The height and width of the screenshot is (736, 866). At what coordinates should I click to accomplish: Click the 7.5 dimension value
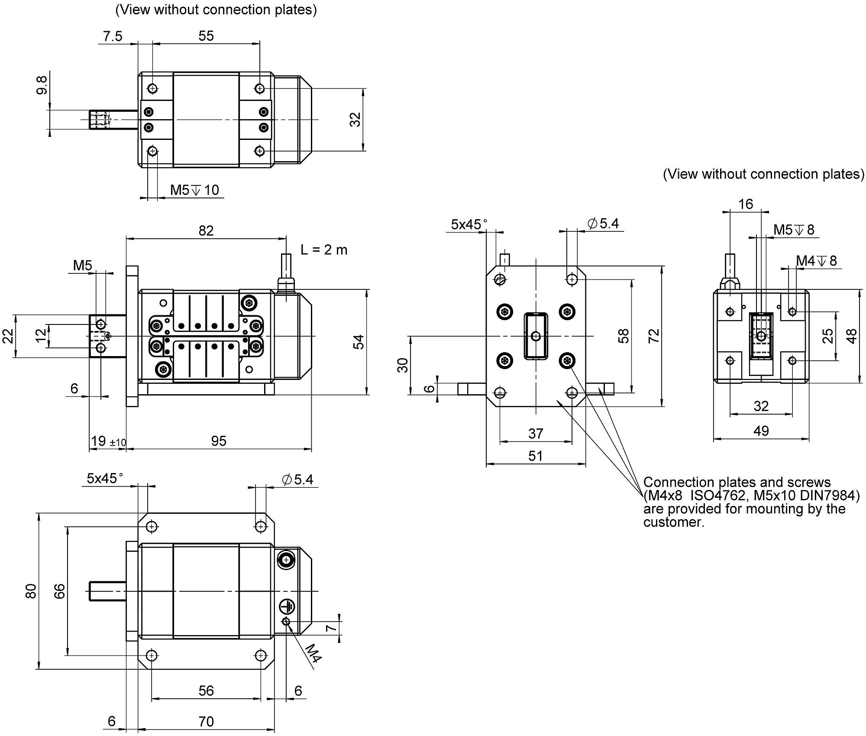coord(113,36)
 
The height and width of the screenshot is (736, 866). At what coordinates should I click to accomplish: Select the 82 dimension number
coord(206,230)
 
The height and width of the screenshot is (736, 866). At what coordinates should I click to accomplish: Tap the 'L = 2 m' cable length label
coord(324,250)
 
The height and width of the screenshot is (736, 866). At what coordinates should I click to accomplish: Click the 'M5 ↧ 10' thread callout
coord(194,190)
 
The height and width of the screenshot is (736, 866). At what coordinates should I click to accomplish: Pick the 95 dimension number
coord(219,441)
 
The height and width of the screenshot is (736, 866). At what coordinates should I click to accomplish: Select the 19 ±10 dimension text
coord(108,441)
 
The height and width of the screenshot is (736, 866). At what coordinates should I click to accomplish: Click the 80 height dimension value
coord(31,591)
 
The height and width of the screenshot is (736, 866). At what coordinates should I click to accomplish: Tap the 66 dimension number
coord(59,591)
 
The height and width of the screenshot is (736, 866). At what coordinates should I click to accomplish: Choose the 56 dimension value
coord(206,691)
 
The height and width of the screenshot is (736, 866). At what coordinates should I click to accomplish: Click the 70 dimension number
coord(206,722)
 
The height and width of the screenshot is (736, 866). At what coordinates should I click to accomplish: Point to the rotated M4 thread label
coord(313,653)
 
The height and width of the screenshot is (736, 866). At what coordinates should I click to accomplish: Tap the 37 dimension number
coord(536,434)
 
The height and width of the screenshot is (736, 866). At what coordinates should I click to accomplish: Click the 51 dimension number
coord(536,456)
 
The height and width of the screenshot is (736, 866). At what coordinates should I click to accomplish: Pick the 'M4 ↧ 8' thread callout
coord(816,261)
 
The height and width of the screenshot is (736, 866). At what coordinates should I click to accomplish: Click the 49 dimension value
coord(761,431)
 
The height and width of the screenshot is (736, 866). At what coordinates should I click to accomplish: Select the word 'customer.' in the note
coord(674,522)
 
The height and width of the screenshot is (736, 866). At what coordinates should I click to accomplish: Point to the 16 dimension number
coord(746,204)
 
